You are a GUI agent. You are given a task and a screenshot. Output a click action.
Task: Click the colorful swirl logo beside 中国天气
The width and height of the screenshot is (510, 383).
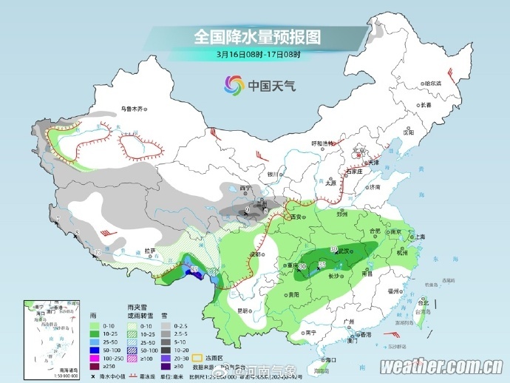click(234, 86)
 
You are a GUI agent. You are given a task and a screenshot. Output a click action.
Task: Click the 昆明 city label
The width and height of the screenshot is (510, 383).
click(243, 311)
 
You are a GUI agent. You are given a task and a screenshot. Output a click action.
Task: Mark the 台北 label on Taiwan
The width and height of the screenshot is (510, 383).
click(424, 303)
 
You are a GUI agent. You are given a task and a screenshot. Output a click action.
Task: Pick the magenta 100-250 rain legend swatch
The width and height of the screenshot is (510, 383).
click(94, 356)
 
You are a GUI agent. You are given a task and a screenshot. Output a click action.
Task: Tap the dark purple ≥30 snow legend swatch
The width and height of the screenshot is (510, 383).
click(167, 365)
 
